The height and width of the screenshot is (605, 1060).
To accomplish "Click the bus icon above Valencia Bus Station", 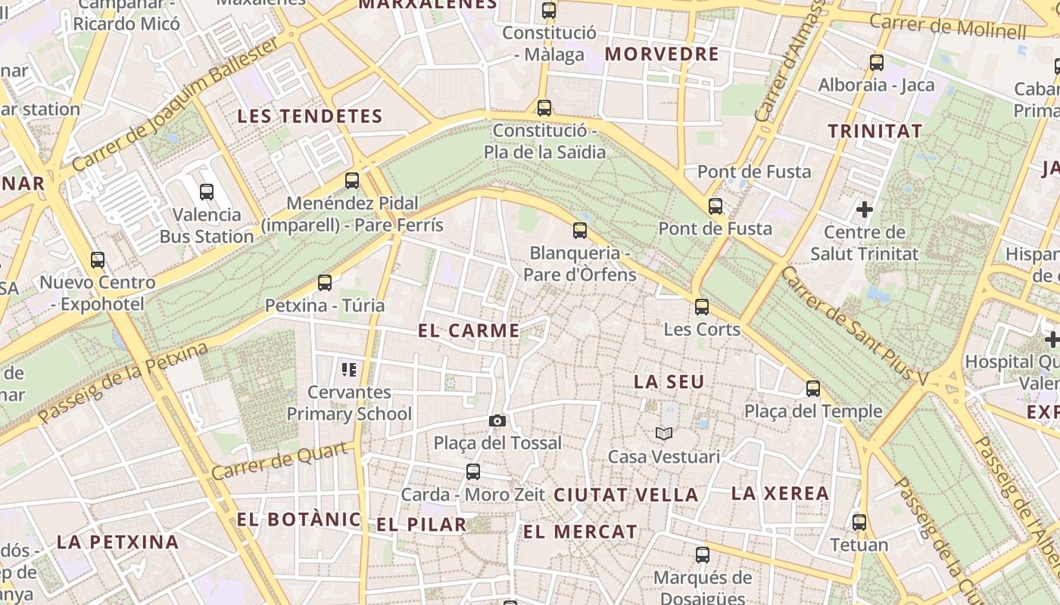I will click(x=207, y=192).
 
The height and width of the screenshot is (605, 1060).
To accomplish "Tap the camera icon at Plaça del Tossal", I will click(x=497, y=420).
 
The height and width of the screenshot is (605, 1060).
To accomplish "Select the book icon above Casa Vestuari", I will click(x=664, y=433).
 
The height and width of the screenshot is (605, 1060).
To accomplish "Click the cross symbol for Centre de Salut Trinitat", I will click(x=864, y=209).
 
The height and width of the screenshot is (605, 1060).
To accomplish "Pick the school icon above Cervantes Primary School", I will click(x=349, y=370).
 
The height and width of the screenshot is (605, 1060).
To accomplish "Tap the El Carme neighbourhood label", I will click(x=469, y=330).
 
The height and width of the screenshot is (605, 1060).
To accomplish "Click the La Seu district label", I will click(x=669, y=382).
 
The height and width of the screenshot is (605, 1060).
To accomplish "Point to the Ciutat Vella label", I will click(x=625, y=495).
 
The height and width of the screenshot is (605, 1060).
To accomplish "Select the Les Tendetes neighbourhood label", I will click(x=310, y=116).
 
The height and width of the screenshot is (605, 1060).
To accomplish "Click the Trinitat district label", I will click(x=875, y=131).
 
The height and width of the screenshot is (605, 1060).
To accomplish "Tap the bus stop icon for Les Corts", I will click(x=702, y=307).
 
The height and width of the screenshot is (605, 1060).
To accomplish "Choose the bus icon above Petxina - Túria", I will click(x=325, y=283).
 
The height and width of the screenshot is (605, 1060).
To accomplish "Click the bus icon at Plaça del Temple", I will click(x=813, y=389).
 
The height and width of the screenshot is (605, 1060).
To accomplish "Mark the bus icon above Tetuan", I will click(x=859, y=523).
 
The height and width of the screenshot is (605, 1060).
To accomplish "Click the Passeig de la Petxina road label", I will click(x=123, y=383).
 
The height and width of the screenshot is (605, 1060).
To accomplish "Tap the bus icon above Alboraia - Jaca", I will click(x=877, y=63).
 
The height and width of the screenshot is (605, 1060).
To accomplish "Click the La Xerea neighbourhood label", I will click(x=780, y=494).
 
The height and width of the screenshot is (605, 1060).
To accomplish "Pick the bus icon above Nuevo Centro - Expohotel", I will click(x=98, y=260).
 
